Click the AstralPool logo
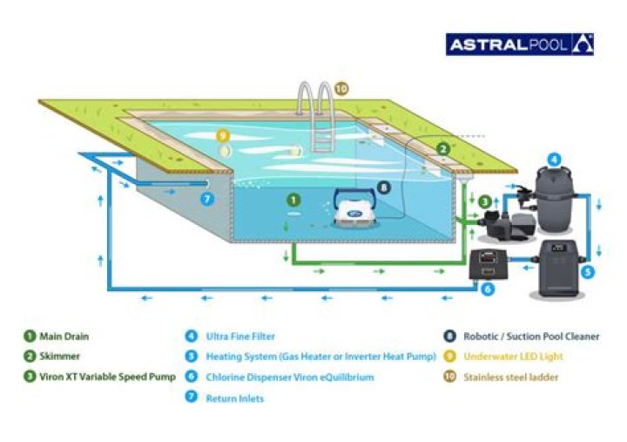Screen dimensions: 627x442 click(519, 44)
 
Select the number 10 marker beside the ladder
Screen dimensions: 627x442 click(340, 88)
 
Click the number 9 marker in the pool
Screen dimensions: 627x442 click(223, 136)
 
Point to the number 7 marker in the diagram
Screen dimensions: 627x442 click(206, 199)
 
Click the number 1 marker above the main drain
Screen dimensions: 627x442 click(293, 200)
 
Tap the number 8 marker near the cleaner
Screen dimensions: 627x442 click(383, 187)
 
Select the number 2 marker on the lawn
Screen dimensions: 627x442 click(442, 149)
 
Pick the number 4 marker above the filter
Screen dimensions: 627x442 click(554, 160)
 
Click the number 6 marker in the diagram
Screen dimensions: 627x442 click(488, 289)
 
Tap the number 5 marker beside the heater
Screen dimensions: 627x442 click(588, 272)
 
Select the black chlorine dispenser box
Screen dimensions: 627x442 click(488, 264)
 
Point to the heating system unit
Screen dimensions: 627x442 click(558, 269)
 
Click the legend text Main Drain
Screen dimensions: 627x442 click(64, 337)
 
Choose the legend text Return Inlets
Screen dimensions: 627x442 click(235, 398)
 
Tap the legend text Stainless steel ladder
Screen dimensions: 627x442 click(510, 377)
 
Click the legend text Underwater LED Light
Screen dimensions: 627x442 click(513, 357)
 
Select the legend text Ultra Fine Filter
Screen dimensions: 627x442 click(240, 337)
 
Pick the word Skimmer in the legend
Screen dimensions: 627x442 click(59, 356)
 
